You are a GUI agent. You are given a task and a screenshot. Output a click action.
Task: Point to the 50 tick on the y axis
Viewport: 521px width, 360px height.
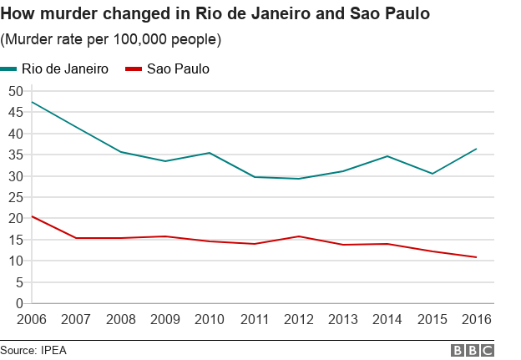(14, 90)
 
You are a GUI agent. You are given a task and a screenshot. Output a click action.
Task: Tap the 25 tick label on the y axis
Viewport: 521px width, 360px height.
(14, 197)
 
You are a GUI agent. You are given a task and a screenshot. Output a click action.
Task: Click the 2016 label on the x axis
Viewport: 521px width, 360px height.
(476, 320)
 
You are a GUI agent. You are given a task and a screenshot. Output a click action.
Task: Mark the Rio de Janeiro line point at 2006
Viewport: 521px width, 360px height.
(31, 102)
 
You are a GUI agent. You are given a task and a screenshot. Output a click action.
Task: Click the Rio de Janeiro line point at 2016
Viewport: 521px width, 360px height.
(476, 149)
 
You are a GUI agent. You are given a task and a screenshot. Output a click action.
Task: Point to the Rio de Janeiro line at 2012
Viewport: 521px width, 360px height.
(299, 179)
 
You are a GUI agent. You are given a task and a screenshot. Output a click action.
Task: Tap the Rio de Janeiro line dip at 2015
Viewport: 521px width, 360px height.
(432, 174)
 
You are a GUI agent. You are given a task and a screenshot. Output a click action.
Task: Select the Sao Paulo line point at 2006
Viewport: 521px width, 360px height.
(31, 216)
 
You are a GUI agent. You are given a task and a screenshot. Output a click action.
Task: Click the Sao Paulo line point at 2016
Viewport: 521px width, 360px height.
(476, 257)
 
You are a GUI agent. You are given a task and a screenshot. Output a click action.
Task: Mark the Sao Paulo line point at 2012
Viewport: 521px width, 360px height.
(299, 236)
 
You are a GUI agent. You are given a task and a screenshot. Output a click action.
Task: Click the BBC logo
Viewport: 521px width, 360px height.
(473, 350)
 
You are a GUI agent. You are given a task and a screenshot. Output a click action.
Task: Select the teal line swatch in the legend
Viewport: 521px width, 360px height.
(9, 69)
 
